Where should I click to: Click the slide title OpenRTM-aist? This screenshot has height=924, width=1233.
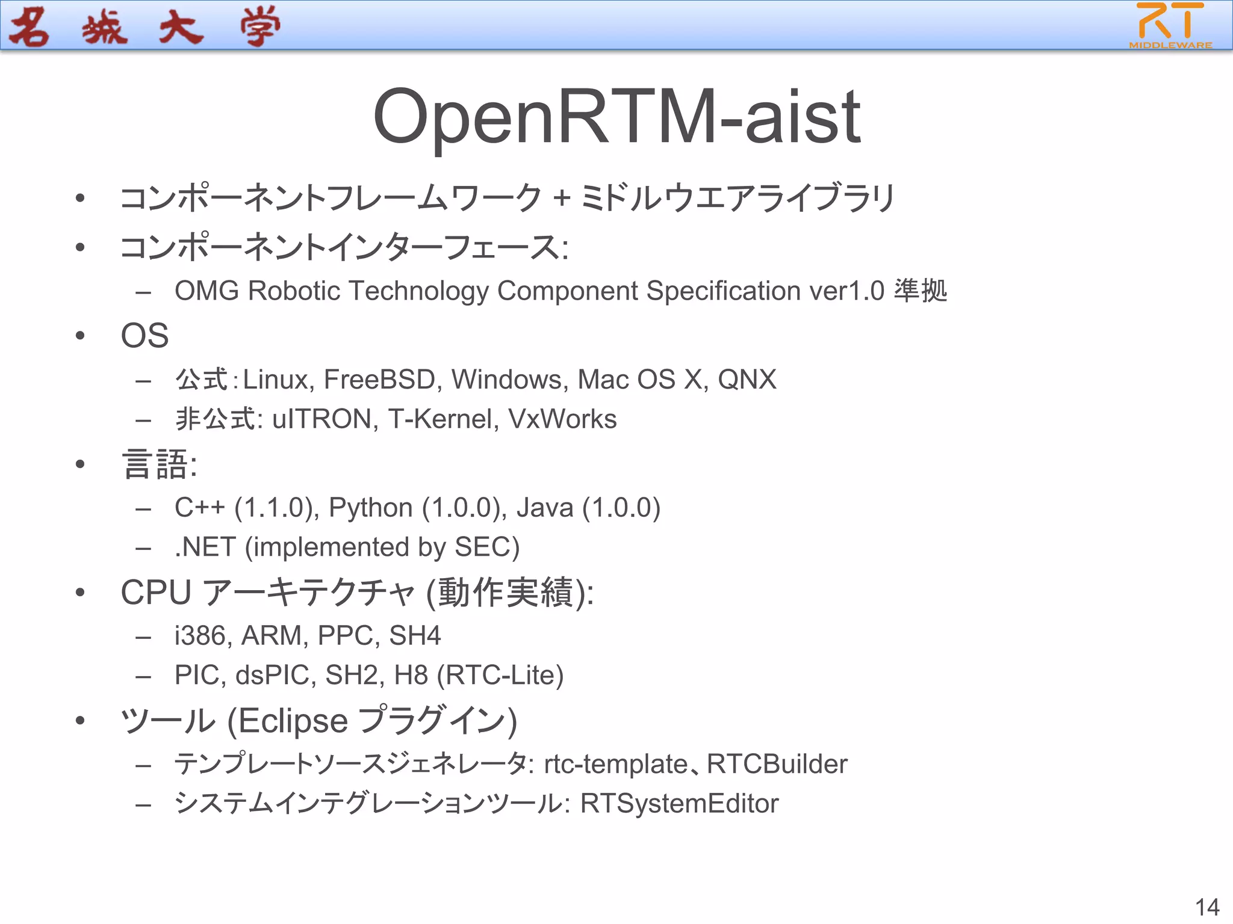616,117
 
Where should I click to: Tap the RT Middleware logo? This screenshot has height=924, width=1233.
1170,25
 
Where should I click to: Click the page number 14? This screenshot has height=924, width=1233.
1207,907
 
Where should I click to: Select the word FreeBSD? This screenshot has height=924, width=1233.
379,380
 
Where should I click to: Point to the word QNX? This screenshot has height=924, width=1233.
747,380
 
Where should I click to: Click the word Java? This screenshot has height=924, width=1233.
544,508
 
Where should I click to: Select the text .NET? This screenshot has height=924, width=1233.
205,547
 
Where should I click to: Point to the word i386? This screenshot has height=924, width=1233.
200,636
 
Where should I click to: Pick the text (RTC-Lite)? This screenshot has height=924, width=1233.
500,675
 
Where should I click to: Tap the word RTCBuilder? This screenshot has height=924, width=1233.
777,764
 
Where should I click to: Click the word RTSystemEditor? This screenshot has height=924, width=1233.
679,804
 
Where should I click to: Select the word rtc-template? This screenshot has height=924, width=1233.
615,765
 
